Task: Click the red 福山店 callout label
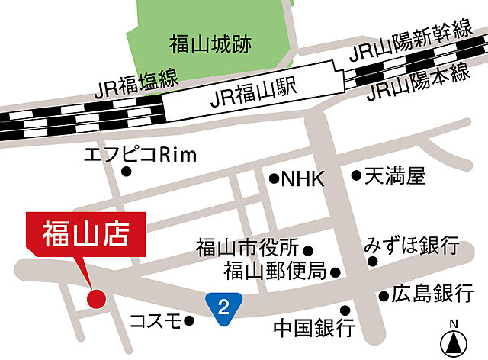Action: click(85, 231)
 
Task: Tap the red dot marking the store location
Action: click(95, 297)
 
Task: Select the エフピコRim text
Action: click(140, 155)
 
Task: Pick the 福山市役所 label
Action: click(246, 249)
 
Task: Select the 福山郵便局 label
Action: click(274, 271)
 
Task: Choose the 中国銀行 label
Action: click(314, 328)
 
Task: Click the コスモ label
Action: click(155, 320)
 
